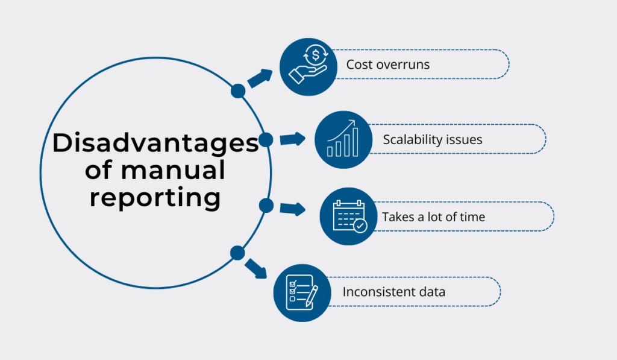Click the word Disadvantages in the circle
click(x=155, y=144)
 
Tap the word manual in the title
click(x=172, y=171)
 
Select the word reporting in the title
click(x=155, y=198)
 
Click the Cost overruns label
click(x=387, y=65)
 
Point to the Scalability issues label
click(x=433, y=140)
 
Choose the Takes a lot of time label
click(x=433, y=216)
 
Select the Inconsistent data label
click(x=394, y=292)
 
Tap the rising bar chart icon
click(x=342, y=140)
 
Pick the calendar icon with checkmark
click(x=348, y=216)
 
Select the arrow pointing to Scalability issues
click(x=293, y=139)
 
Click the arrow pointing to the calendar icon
click(x=293, y=209)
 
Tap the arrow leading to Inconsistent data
click(x=256, y=268)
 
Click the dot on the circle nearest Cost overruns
click(x=238, y=91)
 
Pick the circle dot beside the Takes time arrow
click(x=266, y=206)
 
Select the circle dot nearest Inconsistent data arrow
click(x=237, y=253)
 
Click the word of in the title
click(x=98, y=171)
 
